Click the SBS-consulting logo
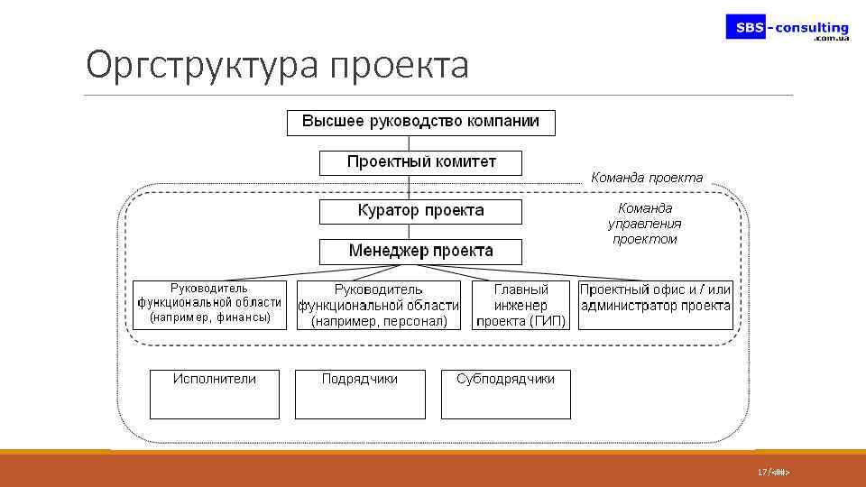pyautogui.click(x=788, y=29)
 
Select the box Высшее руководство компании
pyautogui.click(x=420, y=122)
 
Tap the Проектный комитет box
pyautogui.click(x=421, y=162)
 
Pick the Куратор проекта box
pyautogui.click(x=420, y=211)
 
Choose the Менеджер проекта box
pyautogui.click(x=420, y=251)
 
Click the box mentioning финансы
pyautogui.click(x=209, y=304)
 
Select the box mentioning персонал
pyautogui.click(x=379, y=305)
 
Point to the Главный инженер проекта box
pyautogui.click(x=521, y=305)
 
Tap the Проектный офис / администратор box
pyautogui.click(x=655, y=305)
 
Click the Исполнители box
pyautogui.click(x=215, y=394)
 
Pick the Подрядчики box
pyautogui.click(x=360, y=394)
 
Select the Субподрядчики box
pyautogui.click(x=505, y=394)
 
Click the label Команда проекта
pyautogui.click(x=646, y=178)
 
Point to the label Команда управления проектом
pyautogui.click(x=644, y=224)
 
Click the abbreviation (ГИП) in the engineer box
pyautogui.click(x=548, y=321)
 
